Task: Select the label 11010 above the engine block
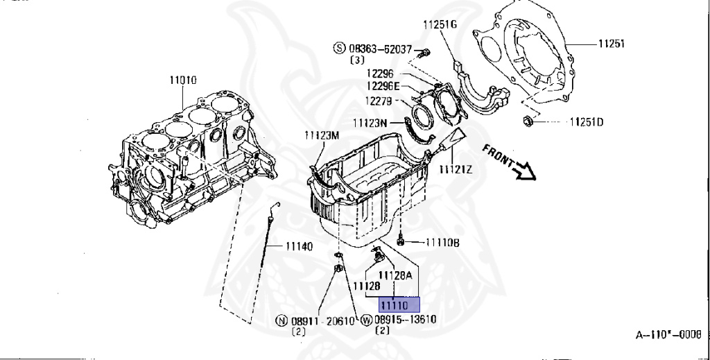(182, 80)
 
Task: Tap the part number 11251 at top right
(612, 43)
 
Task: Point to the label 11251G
(440, 24)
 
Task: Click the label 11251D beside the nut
(586, 123)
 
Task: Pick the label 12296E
(383, 86)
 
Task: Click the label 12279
(381, 101)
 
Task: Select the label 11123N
(370, 123)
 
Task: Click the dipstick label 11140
(298, 246)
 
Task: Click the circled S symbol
(339, 49)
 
